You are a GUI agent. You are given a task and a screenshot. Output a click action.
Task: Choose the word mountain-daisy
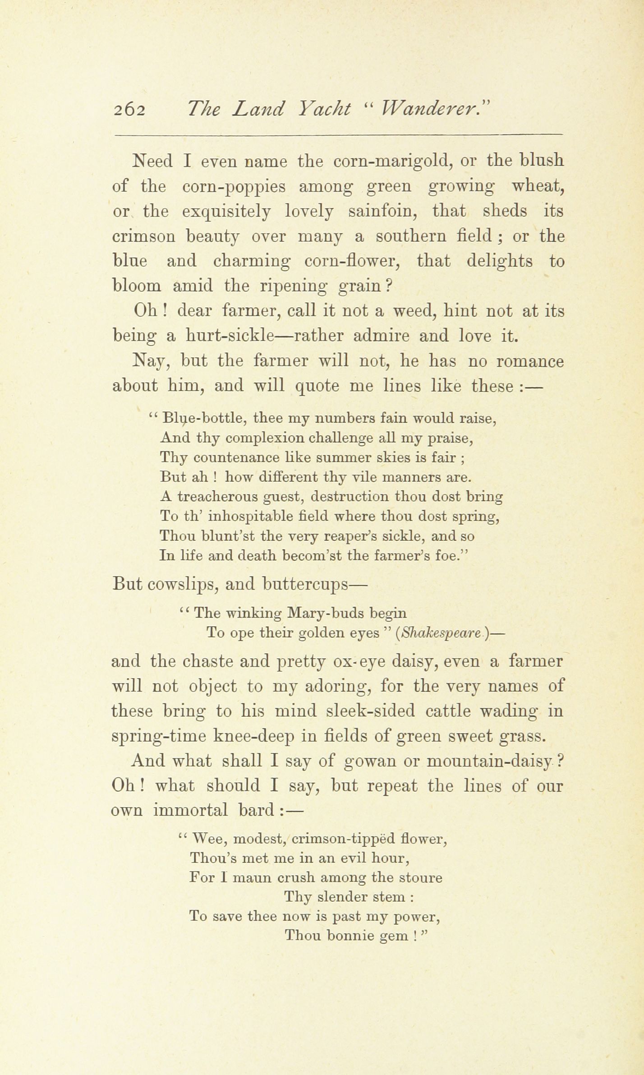(489, 761)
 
